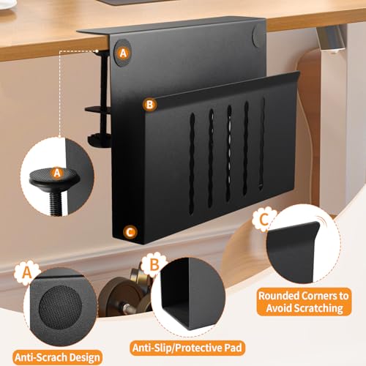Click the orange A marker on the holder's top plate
(122, 53)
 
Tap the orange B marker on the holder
(149, 105)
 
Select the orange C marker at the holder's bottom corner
(130, 232)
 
